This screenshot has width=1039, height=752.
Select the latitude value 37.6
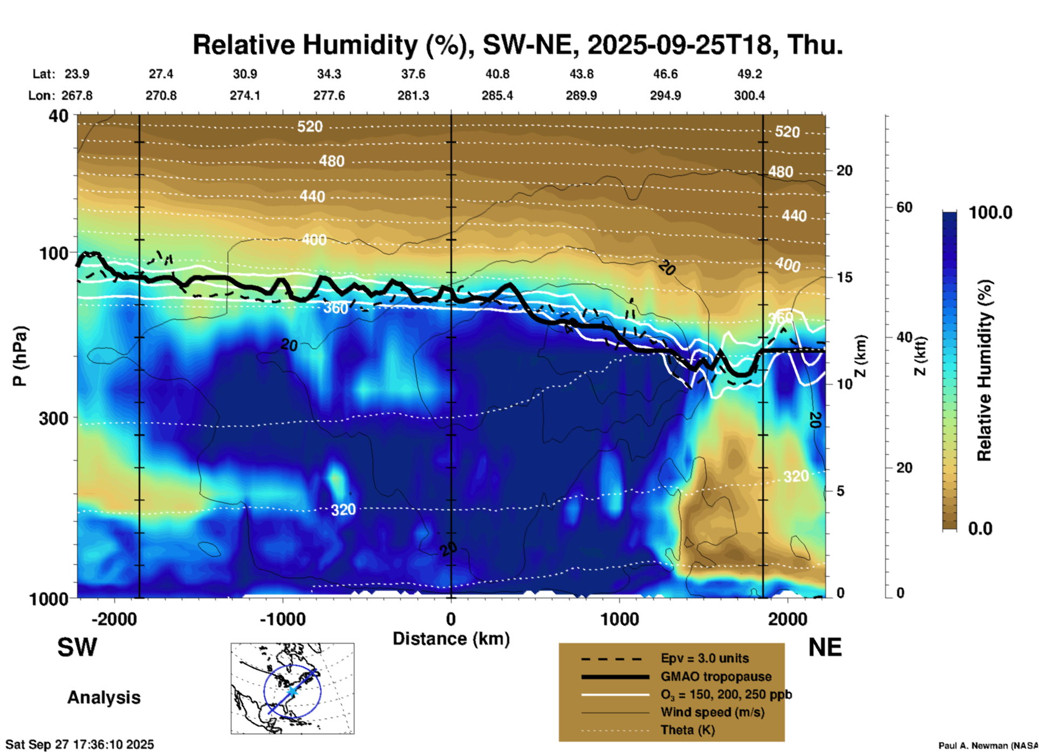pos(413,74)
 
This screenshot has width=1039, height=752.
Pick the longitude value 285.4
pos(497,95)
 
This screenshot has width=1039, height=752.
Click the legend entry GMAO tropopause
pos(716,676)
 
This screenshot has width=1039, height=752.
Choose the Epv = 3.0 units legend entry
pos(705,658)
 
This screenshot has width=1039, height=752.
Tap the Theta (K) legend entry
pos(687,730)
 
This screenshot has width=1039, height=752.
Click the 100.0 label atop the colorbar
pos(990,213)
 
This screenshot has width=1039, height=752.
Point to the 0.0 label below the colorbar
pos(980,528)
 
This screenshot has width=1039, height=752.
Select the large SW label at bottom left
pos(77,647)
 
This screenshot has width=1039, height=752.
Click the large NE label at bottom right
pos(825,647)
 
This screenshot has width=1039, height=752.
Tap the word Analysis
pos(104,698)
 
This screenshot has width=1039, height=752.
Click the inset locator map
pos(292,688)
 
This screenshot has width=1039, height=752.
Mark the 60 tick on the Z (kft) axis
pos(904,207)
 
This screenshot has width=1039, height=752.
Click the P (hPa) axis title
pos(20,356)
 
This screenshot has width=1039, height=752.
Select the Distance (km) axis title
pos(451,639)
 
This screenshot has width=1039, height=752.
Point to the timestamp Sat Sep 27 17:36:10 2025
pos(79,744)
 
